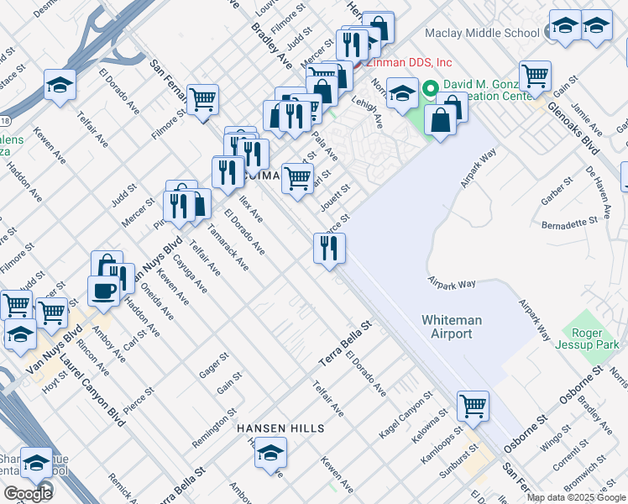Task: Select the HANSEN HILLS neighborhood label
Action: pyautogui.click(x=280, y=428)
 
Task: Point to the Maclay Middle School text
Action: pyautogui.click(x=481, y=34)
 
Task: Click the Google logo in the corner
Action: pyautogui.click(x=27, y=494)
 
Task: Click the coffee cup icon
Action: pyautogui.click(x=103, y=291)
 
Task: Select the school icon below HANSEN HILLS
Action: pyautogui.click(x=270, y=454)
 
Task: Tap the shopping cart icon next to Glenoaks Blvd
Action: pyautogui.click(x=535, y=76)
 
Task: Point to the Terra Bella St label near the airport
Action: pyautogui.click(x=344, y=344)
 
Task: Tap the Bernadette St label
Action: pyautogui.click(x=569, y=225)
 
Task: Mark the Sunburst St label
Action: pyautogui.click(x=457, y=456)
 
